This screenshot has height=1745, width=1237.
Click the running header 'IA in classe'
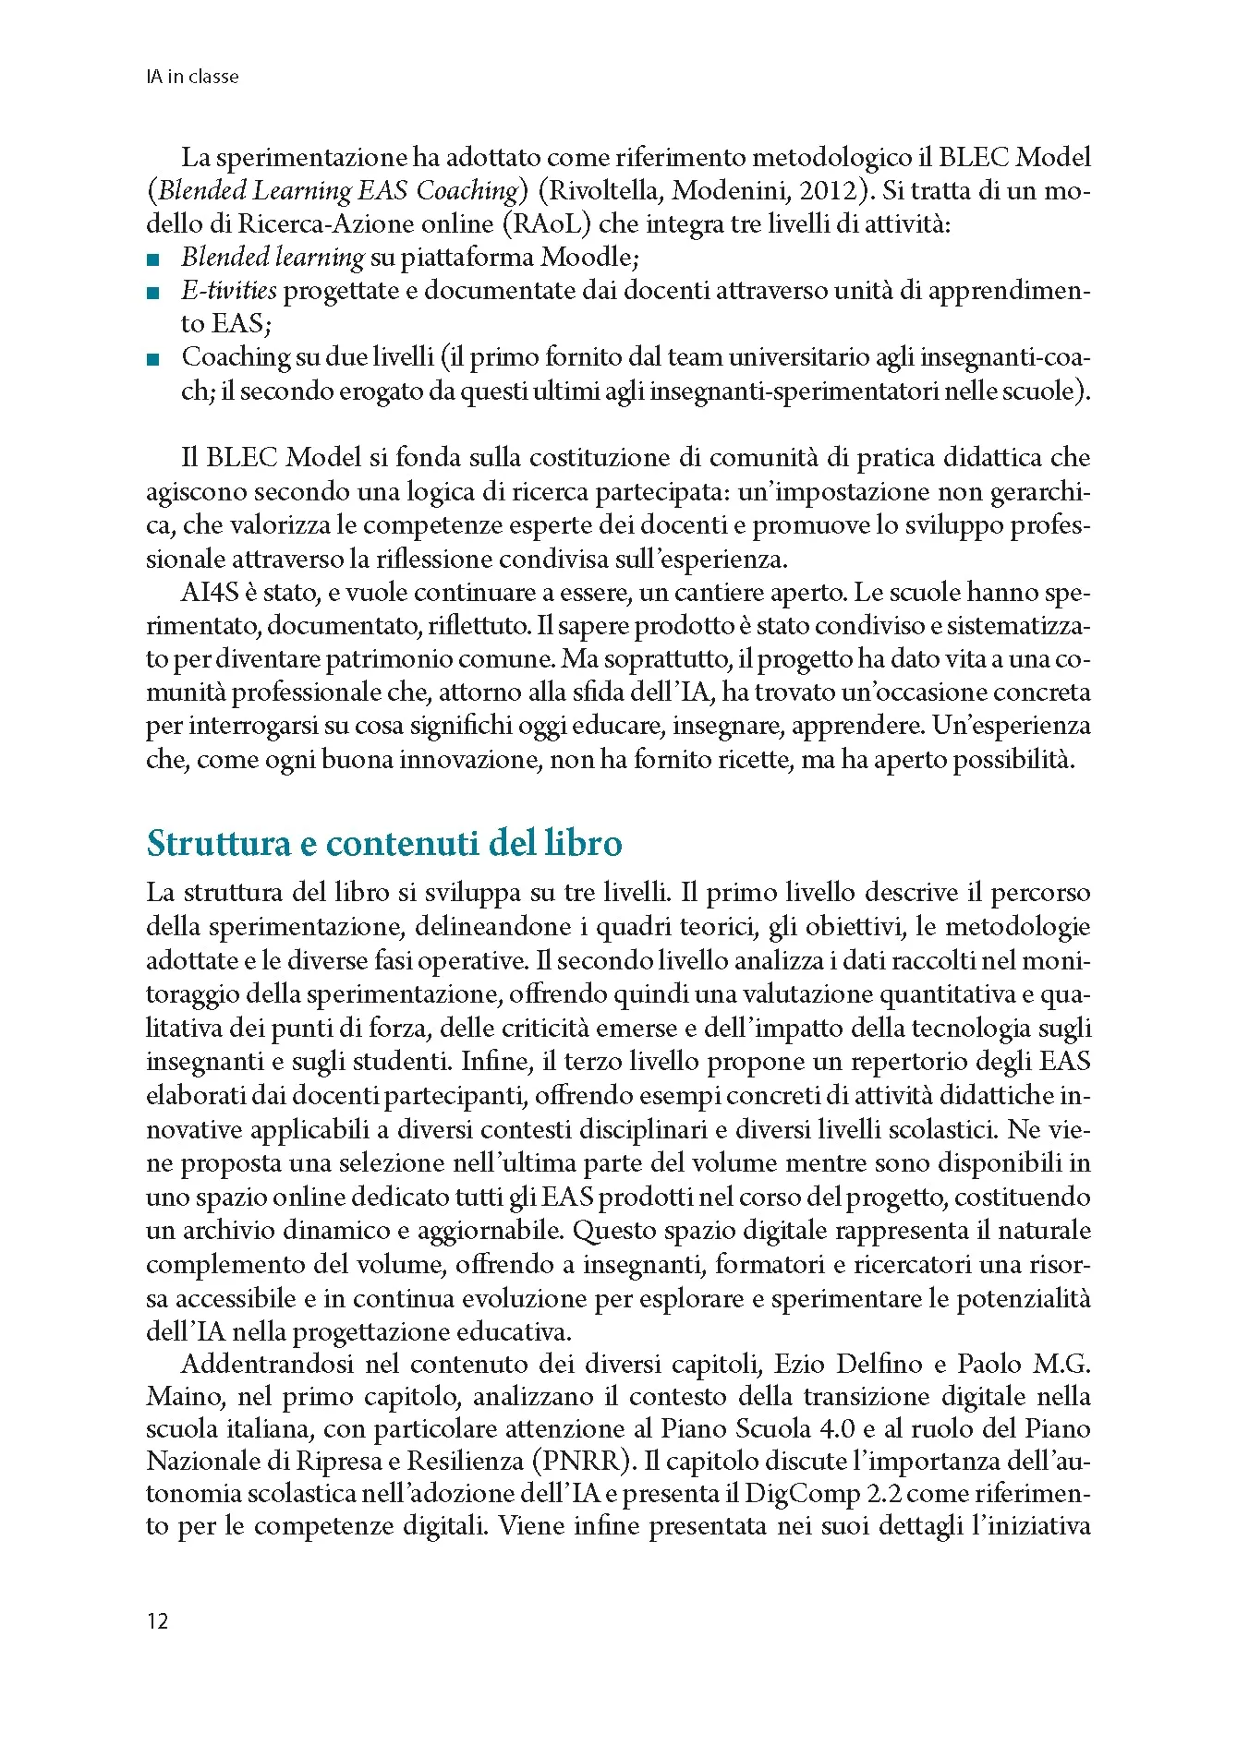point(192,77)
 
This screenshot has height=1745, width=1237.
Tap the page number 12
point(158,1621)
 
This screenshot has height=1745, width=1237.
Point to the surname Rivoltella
point(600,190)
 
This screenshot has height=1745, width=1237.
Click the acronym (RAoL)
point(549,223)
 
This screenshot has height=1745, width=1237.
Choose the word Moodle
point(585,257)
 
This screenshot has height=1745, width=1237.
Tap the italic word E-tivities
point(228,291)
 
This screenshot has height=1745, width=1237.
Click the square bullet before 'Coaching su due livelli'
point(152,358)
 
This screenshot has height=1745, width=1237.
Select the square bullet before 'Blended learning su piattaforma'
point(152,259)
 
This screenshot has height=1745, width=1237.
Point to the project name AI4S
point(211,592)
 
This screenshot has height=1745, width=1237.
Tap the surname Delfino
point(884,1364)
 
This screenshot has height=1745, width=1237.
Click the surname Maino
point(181,1397)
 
